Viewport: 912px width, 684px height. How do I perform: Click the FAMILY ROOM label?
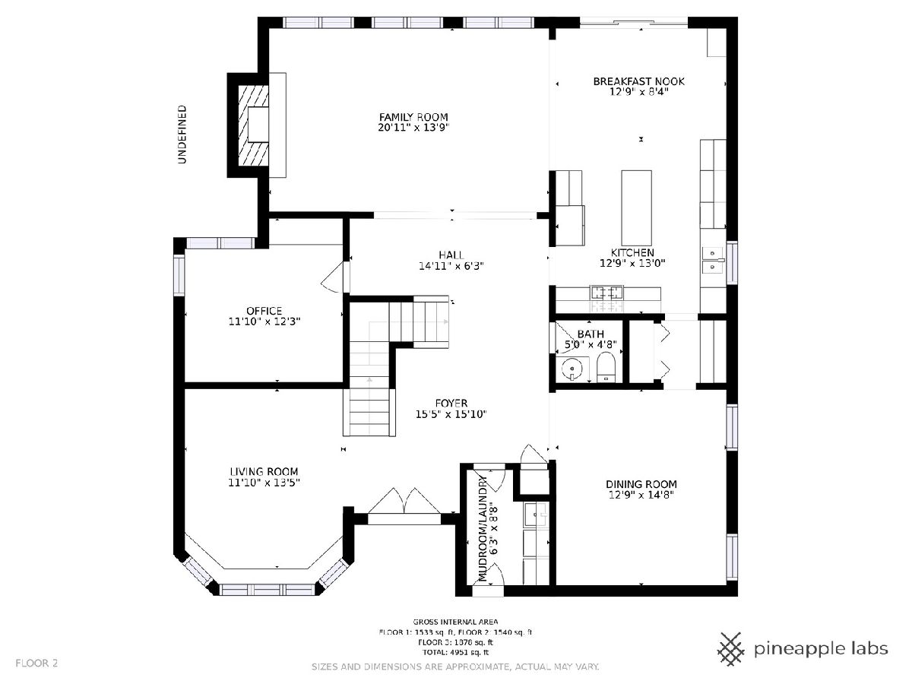413,117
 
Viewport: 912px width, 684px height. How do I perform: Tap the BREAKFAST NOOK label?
638,81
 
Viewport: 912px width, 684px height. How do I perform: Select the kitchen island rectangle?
636,207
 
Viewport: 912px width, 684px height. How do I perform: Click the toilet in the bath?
606,367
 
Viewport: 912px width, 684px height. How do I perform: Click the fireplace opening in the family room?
258,125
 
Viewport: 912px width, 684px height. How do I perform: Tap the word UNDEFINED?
182,135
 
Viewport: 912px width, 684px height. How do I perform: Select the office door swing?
335,277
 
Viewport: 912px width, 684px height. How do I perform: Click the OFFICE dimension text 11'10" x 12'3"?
264,321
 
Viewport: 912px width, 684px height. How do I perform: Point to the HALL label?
451,255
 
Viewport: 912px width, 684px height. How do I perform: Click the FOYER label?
451,404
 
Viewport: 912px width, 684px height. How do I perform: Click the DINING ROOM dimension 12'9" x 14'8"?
641,495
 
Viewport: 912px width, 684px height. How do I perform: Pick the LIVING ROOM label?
264,472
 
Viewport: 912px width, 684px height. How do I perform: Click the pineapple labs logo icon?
731,649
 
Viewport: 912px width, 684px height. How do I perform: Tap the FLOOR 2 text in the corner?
36,663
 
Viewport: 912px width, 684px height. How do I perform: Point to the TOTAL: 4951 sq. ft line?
455,652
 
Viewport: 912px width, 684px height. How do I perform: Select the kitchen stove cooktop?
607,293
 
